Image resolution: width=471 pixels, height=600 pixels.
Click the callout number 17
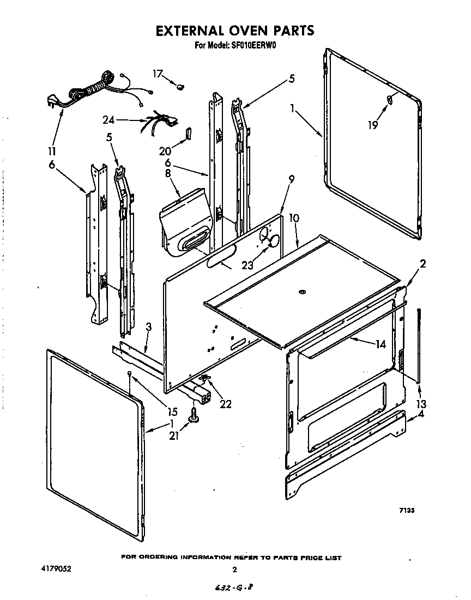(x=158, y=74)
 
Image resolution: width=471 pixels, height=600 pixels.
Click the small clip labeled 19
(x=389, y=99)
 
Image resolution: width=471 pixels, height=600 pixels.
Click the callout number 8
(x=167, y=173)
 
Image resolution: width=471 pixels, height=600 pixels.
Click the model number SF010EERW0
(x=251, y=46)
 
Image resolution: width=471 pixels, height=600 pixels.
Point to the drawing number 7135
(x=407, y=511)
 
